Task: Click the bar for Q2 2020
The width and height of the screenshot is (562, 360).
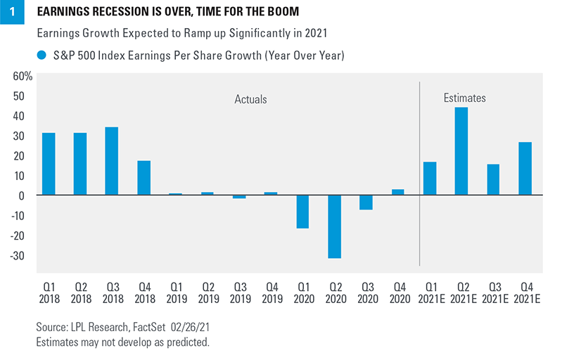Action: [335, 226]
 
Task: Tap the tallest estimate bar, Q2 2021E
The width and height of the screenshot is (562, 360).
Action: [461, 151]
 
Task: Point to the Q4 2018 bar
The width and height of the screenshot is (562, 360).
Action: [143, 178]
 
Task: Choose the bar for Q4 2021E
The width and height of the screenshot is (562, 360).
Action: [525, 169]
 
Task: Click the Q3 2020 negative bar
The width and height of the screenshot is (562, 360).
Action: [366, 202]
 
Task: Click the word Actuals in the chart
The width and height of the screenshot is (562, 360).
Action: [250, 100]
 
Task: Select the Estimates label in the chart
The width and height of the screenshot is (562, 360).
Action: [464, 98]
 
